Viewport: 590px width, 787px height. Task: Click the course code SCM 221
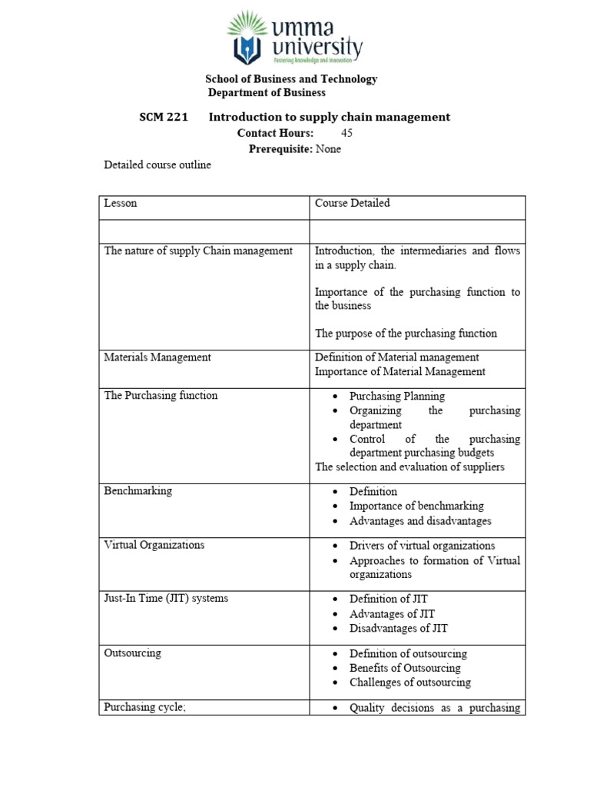point(163,118)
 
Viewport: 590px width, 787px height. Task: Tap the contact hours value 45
point(346,133)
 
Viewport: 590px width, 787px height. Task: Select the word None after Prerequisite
point(328,149)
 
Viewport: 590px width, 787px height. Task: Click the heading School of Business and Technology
point(290,79)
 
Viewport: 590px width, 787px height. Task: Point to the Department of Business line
point(267,93)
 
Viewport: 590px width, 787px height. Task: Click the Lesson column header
point(121,204)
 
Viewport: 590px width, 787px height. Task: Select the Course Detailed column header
point(352,204)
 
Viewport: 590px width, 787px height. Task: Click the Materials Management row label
point(157,357)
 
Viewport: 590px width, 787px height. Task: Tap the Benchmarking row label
point(138,491)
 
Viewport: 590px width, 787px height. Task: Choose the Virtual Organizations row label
point(154,545)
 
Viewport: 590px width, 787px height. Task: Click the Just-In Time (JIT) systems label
point(166,599)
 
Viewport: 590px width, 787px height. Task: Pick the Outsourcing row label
point(133,653)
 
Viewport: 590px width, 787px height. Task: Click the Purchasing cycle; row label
point(145,708)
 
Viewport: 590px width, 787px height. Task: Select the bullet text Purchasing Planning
point(396,397)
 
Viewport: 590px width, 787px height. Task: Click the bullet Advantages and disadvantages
point(420,521)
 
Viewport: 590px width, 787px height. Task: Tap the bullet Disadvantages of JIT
point(398,629)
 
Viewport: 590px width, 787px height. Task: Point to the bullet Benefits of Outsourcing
point(405,668)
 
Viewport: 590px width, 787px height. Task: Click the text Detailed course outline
point(157,165)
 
